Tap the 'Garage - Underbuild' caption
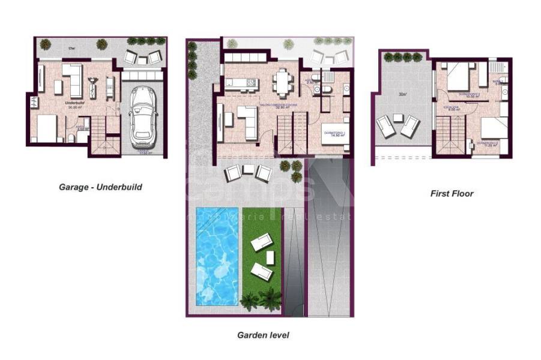coord(100,187)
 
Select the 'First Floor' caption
coord(452,194)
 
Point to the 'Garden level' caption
coord(263,335)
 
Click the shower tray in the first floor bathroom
coord(497,67)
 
